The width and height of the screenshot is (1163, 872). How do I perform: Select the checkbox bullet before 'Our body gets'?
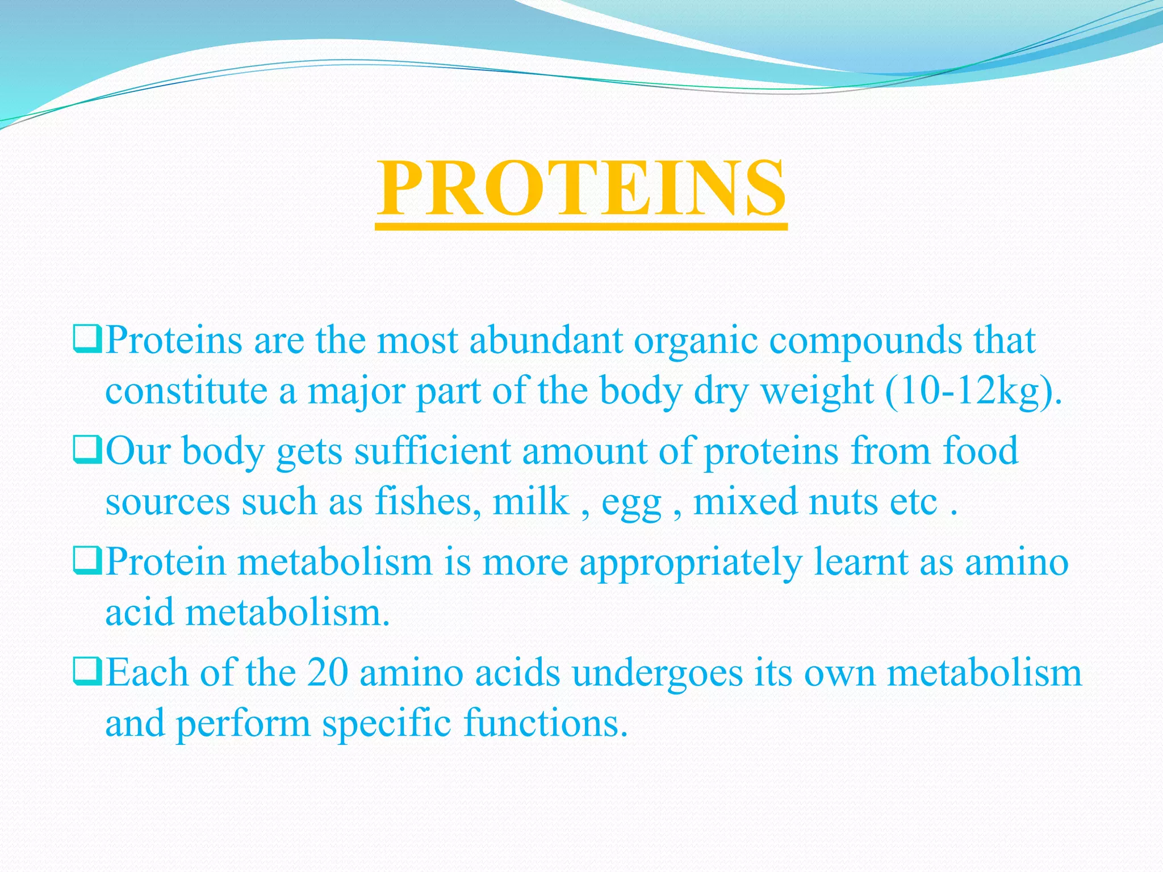tap(87, 450)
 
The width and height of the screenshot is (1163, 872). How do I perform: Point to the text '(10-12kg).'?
tap(973, 392)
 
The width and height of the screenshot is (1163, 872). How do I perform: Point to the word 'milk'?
tap(530, 502)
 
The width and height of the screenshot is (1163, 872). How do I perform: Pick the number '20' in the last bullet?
tap(327, 673)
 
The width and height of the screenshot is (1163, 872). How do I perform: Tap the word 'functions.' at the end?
tap(546, 724)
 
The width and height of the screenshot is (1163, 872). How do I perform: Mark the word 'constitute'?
tap(186, 392)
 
